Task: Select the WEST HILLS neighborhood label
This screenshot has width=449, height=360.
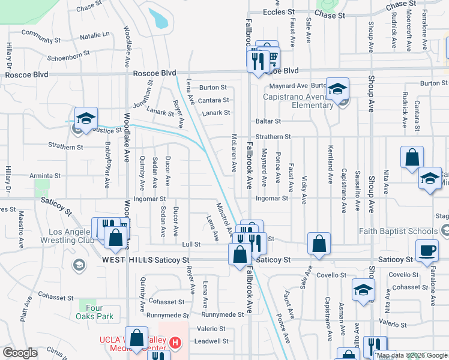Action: click(127, 260)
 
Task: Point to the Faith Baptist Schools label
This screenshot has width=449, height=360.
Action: click(398, 231)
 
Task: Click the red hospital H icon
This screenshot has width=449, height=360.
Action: click(175, 343)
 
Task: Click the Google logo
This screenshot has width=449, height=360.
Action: click(20, 353)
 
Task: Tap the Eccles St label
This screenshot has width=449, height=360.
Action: click(279, 11)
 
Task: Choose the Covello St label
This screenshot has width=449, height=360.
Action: click(403, 274)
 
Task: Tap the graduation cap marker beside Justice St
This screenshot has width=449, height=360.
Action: click(86, 118)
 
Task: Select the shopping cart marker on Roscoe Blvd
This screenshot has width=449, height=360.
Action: click(271, 58)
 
